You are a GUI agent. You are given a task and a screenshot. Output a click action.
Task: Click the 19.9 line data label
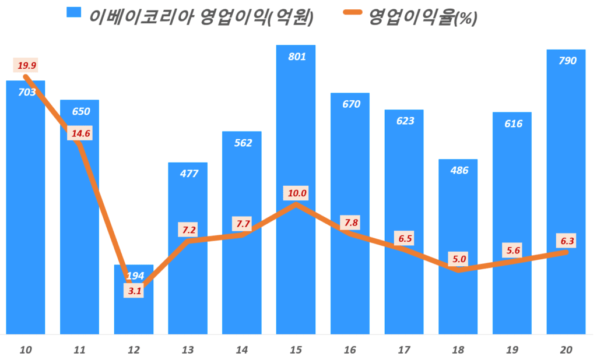(x=26, y=65)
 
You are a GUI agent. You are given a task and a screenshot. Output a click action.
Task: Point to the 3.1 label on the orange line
(x=134, y=291)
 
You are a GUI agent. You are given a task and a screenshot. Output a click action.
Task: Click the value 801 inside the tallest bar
(x=296, y=57)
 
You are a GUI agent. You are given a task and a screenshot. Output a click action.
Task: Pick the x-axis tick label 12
(x=134, y=350)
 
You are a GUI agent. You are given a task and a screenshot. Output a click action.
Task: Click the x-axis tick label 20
(x=566, y=350)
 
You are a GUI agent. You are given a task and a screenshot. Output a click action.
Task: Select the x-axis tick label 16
(x=350, y=350)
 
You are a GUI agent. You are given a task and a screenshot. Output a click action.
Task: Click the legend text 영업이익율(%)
(x=423, y=17)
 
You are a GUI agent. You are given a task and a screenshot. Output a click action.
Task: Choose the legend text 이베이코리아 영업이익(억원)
(x=201, y=17)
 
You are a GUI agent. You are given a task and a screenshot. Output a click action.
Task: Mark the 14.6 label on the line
(x=80, y=133)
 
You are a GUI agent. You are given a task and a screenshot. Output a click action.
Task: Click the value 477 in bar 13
(x=188, y=173)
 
